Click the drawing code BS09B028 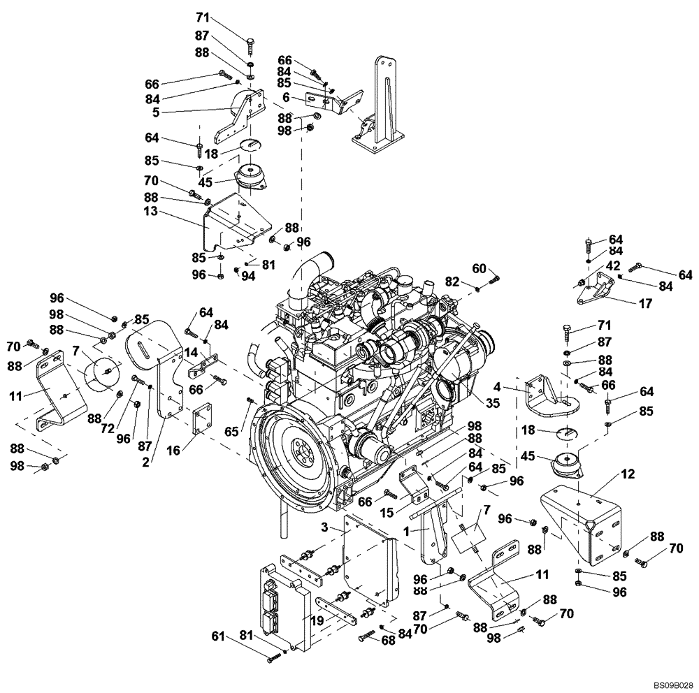pyautogui.click(x=673, y=686)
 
